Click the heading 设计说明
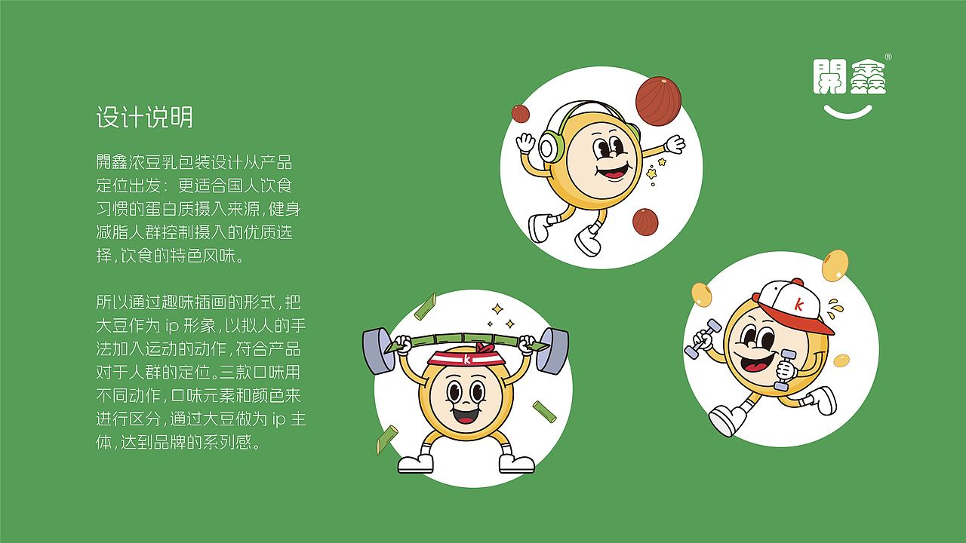coord(144,118)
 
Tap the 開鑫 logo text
coord(849,77)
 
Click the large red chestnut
coord(658,96)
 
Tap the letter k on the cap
coord(798,304)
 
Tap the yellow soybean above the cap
coord(835,265)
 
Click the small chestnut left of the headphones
coord(521,114)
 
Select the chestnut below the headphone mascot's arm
coord(645,222)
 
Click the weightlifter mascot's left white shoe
coord(416,462)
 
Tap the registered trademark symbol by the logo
coord(888,57)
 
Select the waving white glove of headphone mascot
coord(673,143)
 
